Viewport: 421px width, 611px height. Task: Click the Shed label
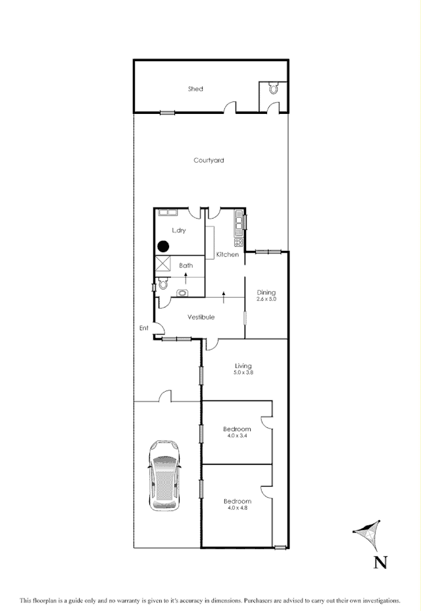tap(195, 89)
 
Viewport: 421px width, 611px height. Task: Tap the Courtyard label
tap(209, 160)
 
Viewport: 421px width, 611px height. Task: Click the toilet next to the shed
tap(274, 89)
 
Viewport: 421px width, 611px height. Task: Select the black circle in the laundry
tap(163, 246)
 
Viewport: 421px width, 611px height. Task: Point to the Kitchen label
tap(227, 255)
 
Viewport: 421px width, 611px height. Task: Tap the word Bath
tap(186, 265)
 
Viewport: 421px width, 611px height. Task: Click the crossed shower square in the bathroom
tap(162, 265)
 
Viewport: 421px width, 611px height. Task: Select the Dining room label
tap(266, 293)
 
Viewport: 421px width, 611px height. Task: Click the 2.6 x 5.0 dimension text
tap(266, 300)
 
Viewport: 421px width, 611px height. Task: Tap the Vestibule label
tap(201, 317)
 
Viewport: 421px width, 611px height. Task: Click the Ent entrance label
tap(144, 328)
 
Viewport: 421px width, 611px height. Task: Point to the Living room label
tap(243, 366)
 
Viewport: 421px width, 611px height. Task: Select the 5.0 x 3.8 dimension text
tap(243, 373)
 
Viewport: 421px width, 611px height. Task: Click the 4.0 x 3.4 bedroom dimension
tap(237, 436)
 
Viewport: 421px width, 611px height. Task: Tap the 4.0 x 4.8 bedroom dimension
tap(237, 508)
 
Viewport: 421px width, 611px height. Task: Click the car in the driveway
tap(164, 475)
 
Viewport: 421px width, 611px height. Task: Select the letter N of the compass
tap(380, 562)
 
